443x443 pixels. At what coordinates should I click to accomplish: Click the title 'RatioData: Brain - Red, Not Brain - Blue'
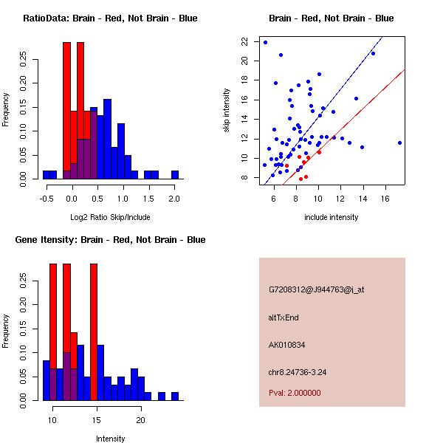[110, 18]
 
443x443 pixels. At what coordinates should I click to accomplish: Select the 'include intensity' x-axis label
[332, 217]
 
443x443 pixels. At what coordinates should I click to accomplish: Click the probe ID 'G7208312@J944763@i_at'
[317, 289]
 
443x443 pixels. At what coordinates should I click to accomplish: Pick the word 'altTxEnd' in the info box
[284, 317]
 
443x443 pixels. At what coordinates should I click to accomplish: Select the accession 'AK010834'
[287, 344]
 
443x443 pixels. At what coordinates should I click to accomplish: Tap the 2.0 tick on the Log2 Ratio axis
[174, 199]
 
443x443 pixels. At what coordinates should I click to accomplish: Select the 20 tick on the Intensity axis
[140, 420]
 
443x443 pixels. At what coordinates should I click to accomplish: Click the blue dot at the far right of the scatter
[399, 142]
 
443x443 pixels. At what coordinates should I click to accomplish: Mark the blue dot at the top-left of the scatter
[265, 42]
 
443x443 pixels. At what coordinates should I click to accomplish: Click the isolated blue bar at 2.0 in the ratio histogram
[175, 175]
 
